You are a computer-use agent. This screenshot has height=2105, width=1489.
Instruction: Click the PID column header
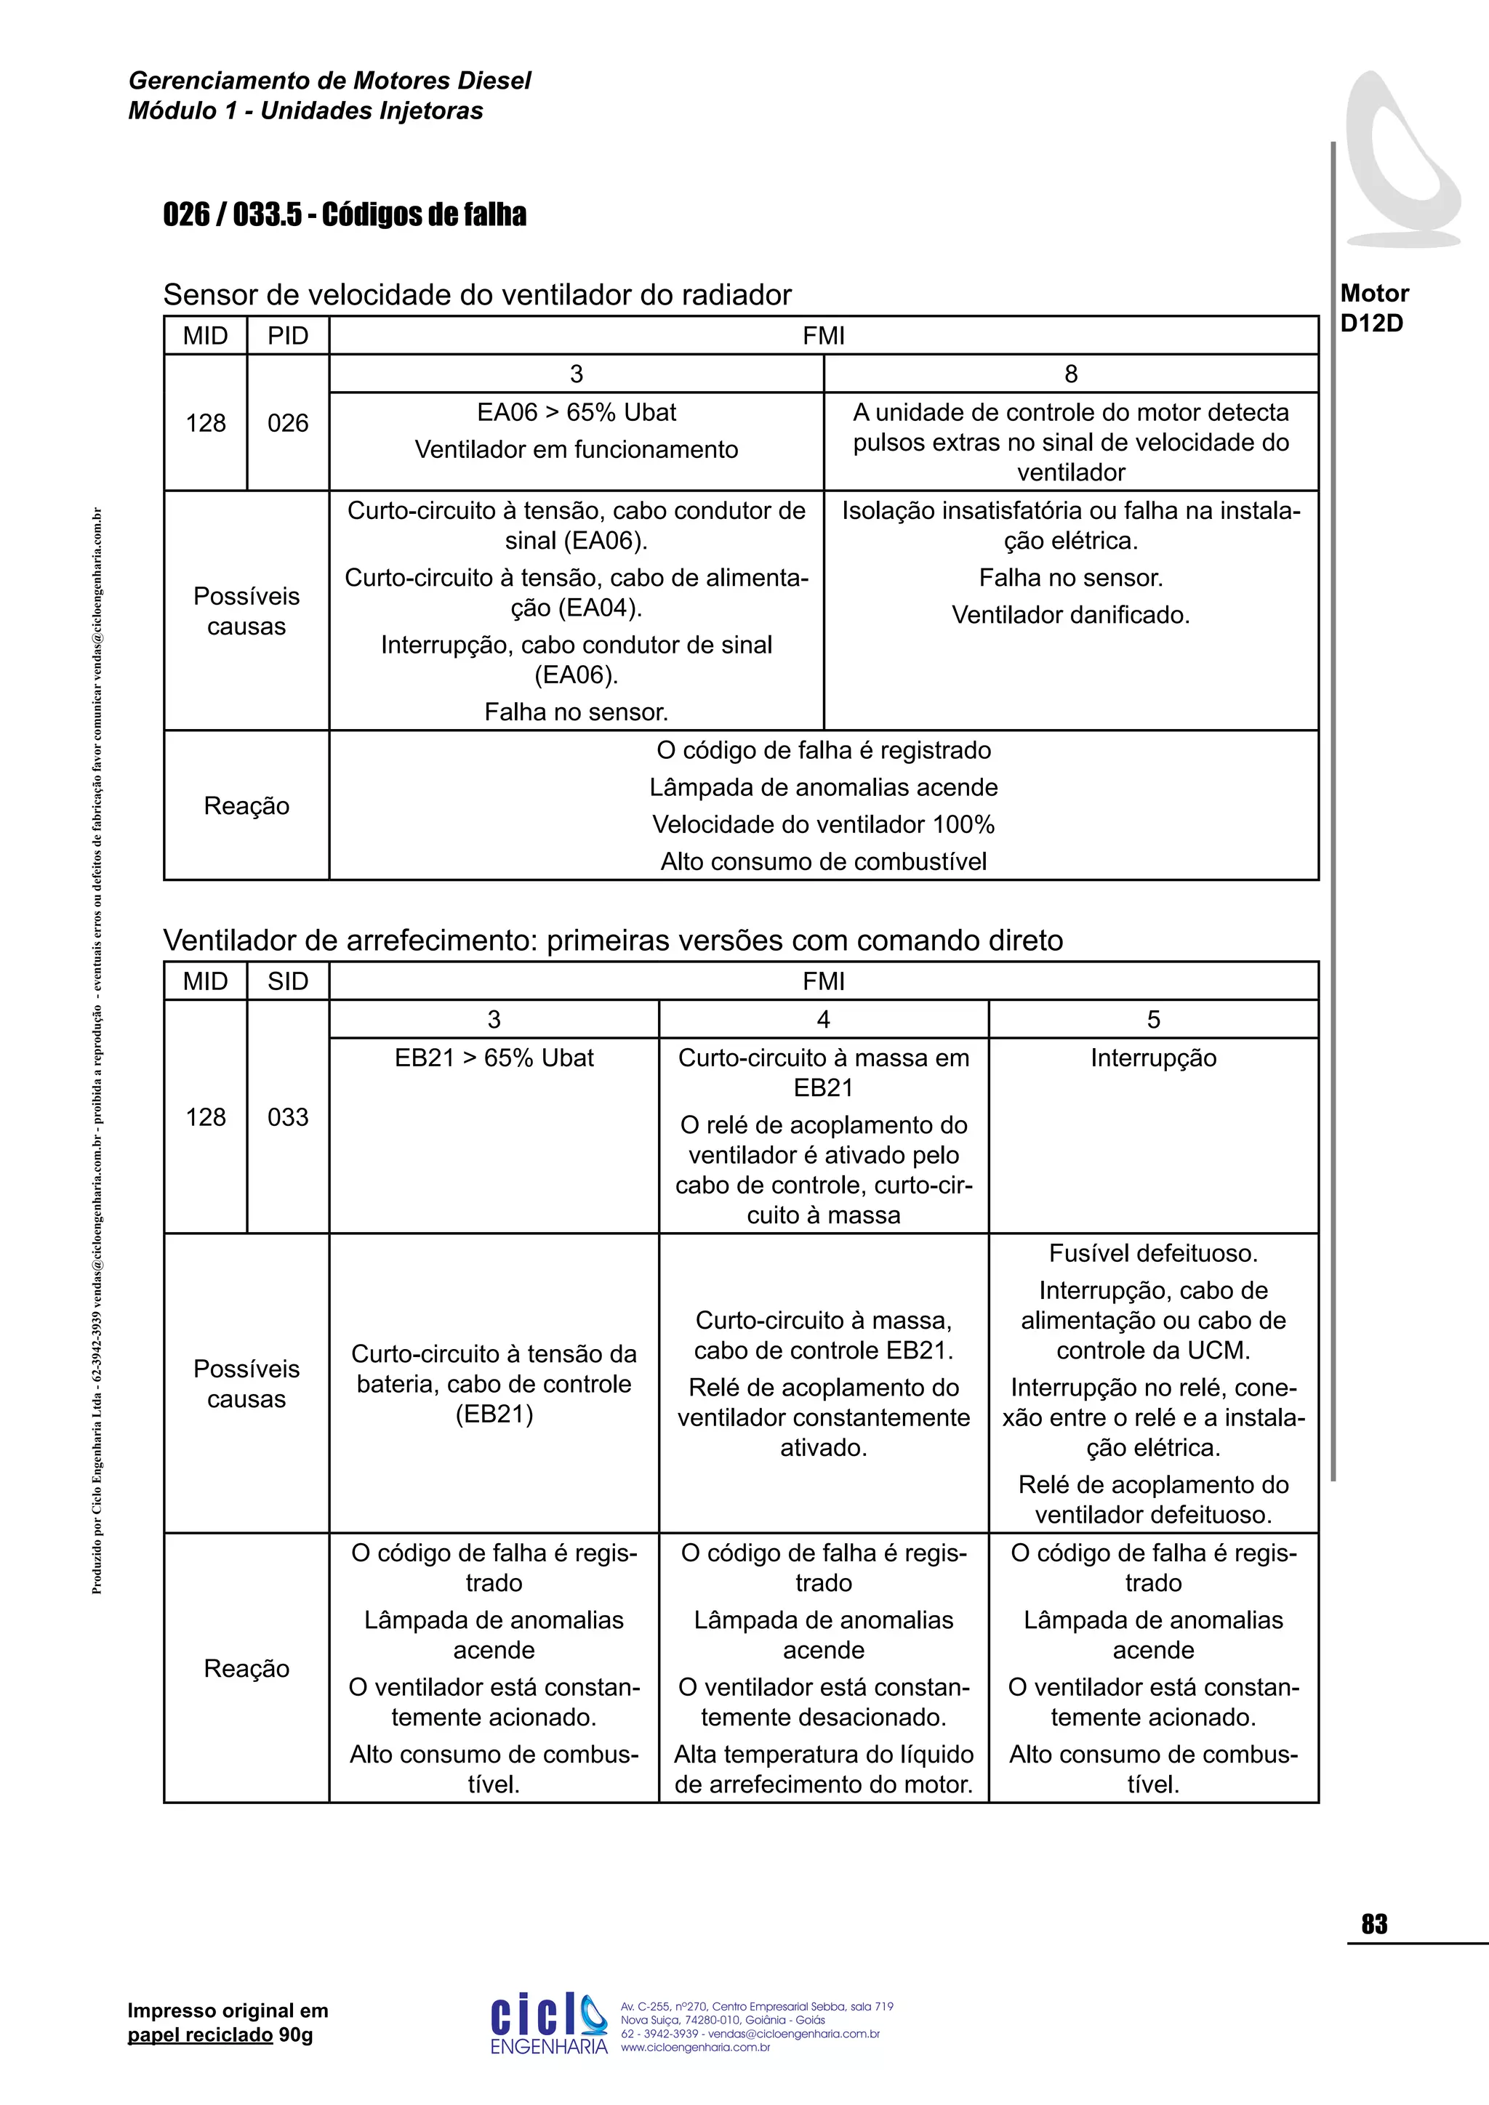287,336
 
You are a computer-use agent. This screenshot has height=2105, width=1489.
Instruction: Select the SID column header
287,981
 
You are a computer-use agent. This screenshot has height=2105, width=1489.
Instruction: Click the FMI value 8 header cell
1070,374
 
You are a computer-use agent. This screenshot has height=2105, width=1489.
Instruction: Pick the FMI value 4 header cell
823,1020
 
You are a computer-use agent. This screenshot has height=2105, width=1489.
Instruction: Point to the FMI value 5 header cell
1152,1020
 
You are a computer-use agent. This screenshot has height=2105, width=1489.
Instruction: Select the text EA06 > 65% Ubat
576,413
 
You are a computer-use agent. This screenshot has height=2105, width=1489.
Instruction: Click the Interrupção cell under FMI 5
1152,1058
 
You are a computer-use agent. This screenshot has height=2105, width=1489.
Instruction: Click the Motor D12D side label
1373,308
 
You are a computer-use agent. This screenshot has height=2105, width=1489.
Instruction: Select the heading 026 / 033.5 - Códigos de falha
345,214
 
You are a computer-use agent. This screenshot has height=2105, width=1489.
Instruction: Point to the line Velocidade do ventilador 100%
822,824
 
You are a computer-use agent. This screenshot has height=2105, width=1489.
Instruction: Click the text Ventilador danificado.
1070,615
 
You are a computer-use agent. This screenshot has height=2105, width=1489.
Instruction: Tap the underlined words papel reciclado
200,2034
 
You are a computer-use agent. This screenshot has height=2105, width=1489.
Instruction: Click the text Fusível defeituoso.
1152,1253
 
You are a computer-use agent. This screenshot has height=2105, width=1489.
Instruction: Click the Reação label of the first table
246,806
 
